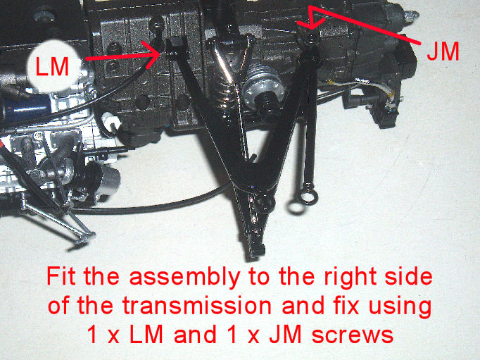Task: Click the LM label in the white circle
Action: pos(52,66)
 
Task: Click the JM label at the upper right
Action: pos(443,51)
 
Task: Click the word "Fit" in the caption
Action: pos(61,276)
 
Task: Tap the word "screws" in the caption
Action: pos(353,335)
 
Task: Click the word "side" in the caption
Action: pos(408,276)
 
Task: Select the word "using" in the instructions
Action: pos(400,307)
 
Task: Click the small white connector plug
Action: pos(110,121)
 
